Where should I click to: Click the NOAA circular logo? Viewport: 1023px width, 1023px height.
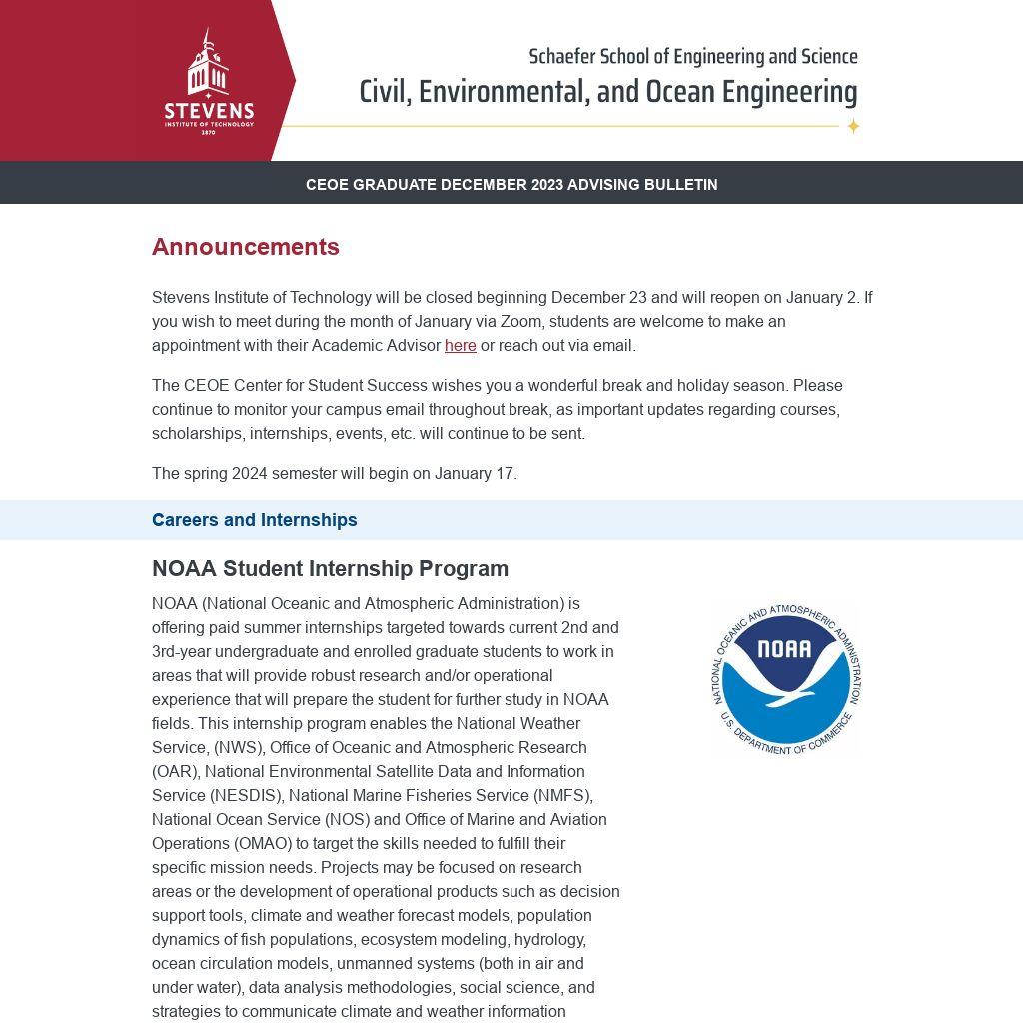785,679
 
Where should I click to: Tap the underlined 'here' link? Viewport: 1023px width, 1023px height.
460,346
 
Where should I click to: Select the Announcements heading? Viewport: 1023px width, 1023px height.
246,247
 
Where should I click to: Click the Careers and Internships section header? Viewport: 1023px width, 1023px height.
254,520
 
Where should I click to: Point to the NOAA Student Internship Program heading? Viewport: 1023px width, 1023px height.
330,569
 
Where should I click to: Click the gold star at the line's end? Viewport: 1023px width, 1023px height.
853,126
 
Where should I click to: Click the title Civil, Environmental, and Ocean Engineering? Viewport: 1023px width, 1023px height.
607,92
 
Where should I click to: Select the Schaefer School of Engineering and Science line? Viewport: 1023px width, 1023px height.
693,57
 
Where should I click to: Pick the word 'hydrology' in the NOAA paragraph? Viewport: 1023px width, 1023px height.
549,940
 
